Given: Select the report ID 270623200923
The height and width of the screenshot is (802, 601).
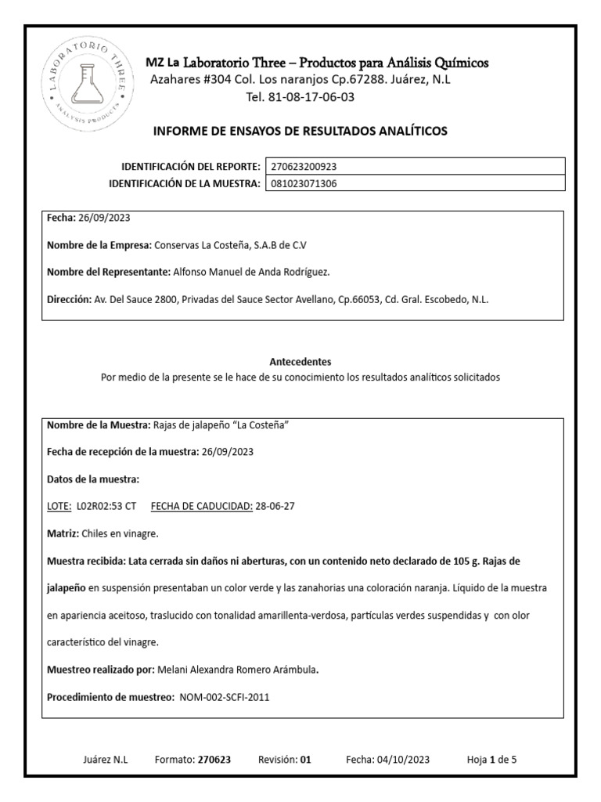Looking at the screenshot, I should (304, 167).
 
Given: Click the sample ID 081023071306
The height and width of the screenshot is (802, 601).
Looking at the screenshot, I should (304, 184).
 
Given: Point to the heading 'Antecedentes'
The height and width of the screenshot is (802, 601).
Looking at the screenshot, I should (300, 362).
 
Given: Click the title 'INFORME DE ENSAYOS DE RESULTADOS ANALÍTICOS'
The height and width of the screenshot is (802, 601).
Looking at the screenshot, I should (300, 131).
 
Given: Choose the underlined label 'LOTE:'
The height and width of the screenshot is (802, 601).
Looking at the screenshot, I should (59, 506).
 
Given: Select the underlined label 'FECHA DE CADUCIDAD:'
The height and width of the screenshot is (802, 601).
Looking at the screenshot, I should (201, 506).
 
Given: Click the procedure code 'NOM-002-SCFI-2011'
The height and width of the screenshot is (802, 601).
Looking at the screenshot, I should (225, 697).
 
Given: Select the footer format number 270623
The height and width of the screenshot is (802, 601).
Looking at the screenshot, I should (214, 760).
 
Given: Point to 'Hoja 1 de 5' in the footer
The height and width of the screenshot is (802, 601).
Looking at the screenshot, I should (491, 760).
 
